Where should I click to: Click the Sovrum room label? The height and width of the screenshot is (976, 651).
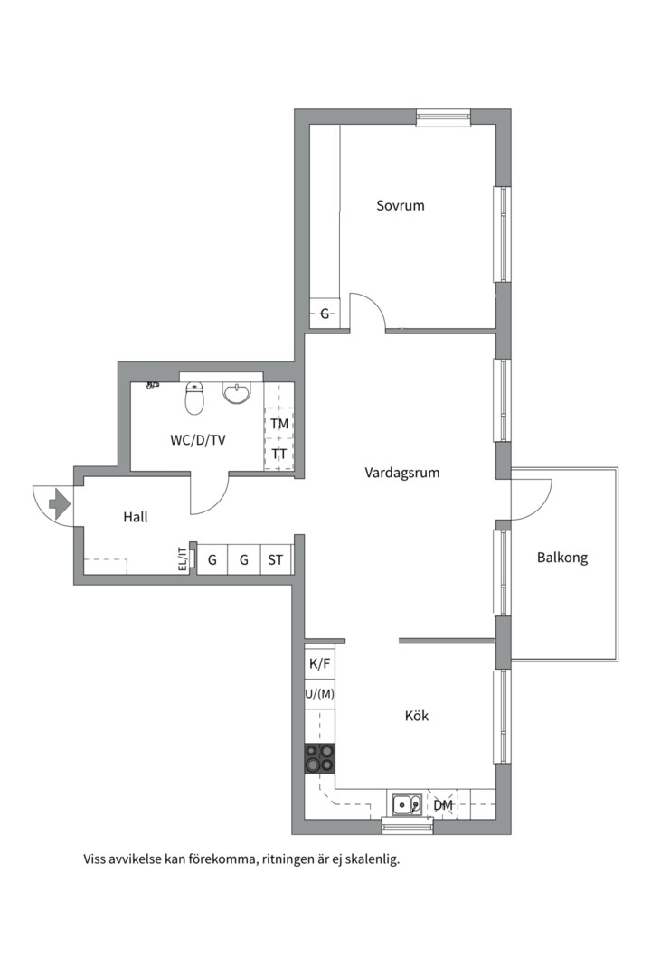point(400,206)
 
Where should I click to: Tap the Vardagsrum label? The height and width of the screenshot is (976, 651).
point(402,473)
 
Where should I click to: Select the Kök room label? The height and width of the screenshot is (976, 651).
point(416,717)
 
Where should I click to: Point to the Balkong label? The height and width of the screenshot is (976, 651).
point(561,558)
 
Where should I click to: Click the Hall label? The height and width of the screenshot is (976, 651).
point(136,518)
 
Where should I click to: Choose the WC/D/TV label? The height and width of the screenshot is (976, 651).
point(198,441)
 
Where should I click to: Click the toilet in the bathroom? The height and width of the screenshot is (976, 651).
point(194,398)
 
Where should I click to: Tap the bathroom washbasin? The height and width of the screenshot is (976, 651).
point(237,394)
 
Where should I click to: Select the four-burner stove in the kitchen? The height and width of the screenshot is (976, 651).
point(319,758)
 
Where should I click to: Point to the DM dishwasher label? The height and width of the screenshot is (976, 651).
point(443,805)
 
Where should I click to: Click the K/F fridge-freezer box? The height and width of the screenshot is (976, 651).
point(320,664)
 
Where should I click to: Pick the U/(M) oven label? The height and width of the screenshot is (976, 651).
point(320,694)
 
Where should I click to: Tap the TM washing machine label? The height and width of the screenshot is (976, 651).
point(279,424)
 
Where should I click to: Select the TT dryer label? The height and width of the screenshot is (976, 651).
point(279,455)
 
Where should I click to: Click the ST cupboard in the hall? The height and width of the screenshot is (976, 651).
point(276,560)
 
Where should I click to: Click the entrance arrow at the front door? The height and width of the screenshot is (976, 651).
point(60,503)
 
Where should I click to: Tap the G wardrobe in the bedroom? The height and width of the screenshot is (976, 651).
point(325,314)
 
